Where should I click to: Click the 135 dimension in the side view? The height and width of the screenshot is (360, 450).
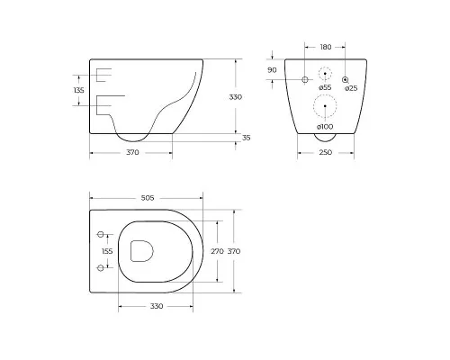(79, 90)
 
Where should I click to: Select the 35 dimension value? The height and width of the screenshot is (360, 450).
(246, 138)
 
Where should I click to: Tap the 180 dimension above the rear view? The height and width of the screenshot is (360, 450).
(326, 47)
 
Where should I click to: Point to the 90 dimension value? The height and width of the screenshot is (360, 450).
(272, 70)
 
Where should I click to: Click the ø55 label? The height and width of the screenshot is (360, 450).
(325, 87)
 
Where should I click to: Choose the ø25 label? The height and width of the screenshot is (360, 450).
(351, 88)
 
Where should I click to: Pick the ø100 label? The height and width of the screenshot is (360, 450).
(325, 127)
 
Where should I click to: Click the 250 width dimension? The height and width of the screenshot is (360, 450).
(326, 152)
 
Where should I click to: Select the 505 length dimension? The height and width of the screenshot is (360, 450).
(148, 198)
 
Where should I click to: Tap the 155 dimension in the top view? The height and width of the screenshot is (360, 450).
(107, 251)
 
